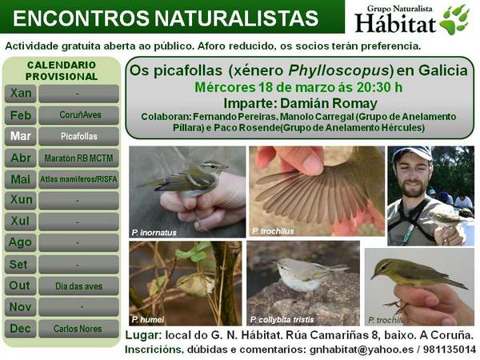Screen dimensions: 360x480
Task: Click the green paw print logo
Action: (x=454, y=18)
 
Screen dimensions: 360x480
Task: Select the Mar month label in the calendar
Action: (x=21, y=136)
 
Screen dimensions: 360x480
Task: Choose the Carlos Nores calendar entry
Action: (x=78, y=328)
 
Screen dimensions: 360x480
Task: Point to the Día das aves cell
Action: (x=78, y=286)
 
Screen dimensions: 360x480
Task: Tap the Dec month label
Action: (x=21, y=328)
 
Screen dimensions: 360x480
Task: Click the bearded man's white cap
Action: (x=412, y=153)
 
